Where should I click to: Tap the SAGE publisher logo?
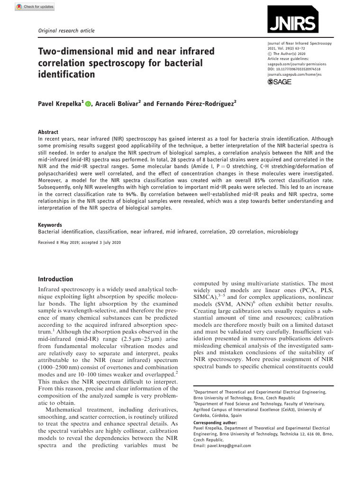click(x=279, y=82)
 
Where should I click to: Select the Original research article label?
click(x=66, y=31)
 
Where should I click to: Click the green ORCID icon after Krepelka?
click(x=88, y=103)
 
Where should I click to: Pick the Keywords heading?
click(x=49, y=225)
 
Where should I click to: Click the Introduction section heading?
click(x=55, y=279)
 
